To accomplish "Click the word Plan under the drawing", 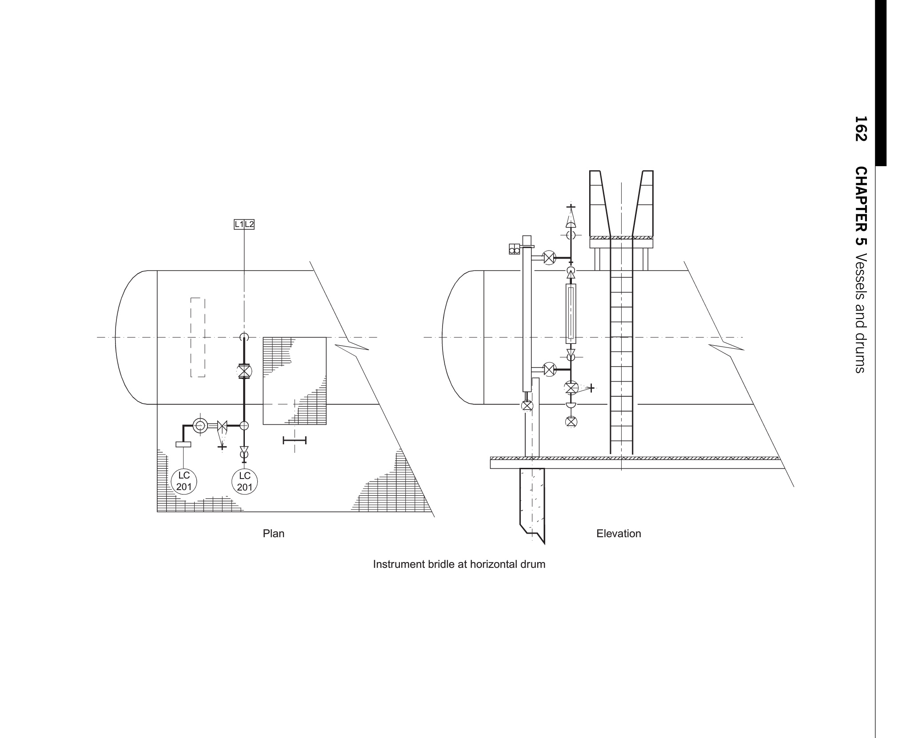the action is coord(273,534).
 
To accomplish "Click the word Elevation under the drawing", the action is coord(619,534).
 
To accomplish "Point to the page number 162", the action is coord(861,129).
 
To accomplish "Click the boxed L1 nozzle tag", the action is coord(239,224).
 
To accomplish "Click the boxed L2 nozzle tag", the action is coord(249,224).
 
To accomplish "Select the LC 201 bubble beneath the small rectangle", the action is coord(184,481).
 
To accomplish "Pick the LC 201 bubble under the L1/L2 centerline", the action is coord(245,481).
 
